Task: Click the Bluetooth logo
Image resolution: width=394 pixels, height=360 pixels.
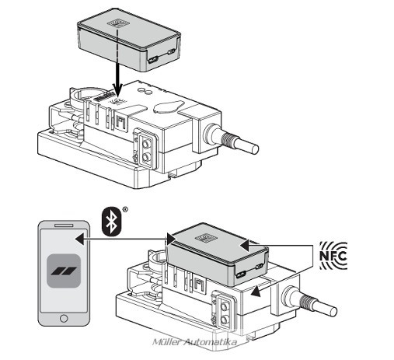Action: click(x=112, y=221)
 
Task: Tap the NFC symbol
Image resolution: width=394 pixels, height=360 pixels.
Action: click(x=333, y=256)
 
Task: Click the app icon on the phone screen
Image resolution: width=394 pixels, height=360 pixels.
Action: click(x=64, y=271)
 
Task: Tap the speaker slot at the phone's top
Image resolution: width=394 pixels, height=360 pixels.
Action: click(x=64, y=225)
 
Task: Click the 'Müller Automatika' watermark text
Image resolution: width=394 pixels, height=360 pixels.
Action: click(x=195, y=342)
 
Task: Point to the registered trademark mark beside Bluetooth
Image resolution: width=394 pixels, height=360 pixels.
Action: click(x=125, y=209)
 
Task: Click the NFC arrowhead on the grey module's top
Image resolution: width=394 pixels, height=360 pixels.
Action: click(x=245, y=245)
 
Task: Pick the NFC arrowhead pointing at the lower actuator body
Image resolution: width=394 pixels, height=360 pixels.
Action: click(x=256, y=291)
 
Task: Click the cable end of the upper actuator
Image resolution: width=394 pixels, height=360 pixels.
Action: click(x=255, y=149)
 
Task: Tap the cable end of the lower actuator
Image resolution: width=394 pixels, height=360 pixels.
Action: click(x=333, y=311)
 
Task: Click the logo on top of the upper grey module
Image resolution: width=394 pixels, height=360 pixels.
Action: click(x=118, y=24)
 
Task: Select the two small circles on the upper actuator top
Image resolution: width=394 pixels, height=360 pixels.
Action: click(x=145, y=90)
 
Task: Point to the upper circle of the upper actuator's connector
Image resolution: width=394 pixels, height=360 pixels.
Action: click(x=146, y=143)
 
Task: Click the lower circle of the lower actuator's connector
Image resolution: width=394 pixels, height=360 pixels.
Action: click(x=224, y=320)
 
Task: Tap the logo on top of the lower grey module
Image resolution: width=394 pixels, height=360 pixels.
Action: click(x=206, y=239)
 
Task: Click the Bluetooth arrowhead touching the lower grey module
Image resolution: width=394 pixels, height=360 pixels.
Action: click(x=172, y=239)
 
